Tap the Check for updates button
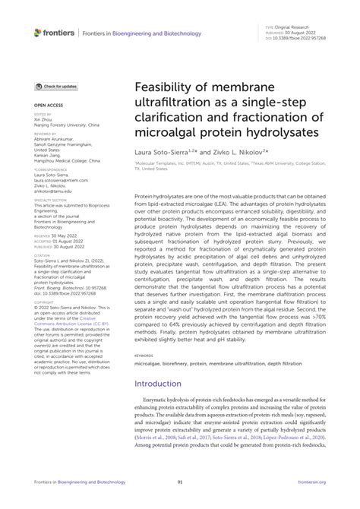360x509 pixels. tap(56, 87)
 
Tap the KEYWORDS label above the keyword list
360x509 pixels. tap(144, 354)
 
